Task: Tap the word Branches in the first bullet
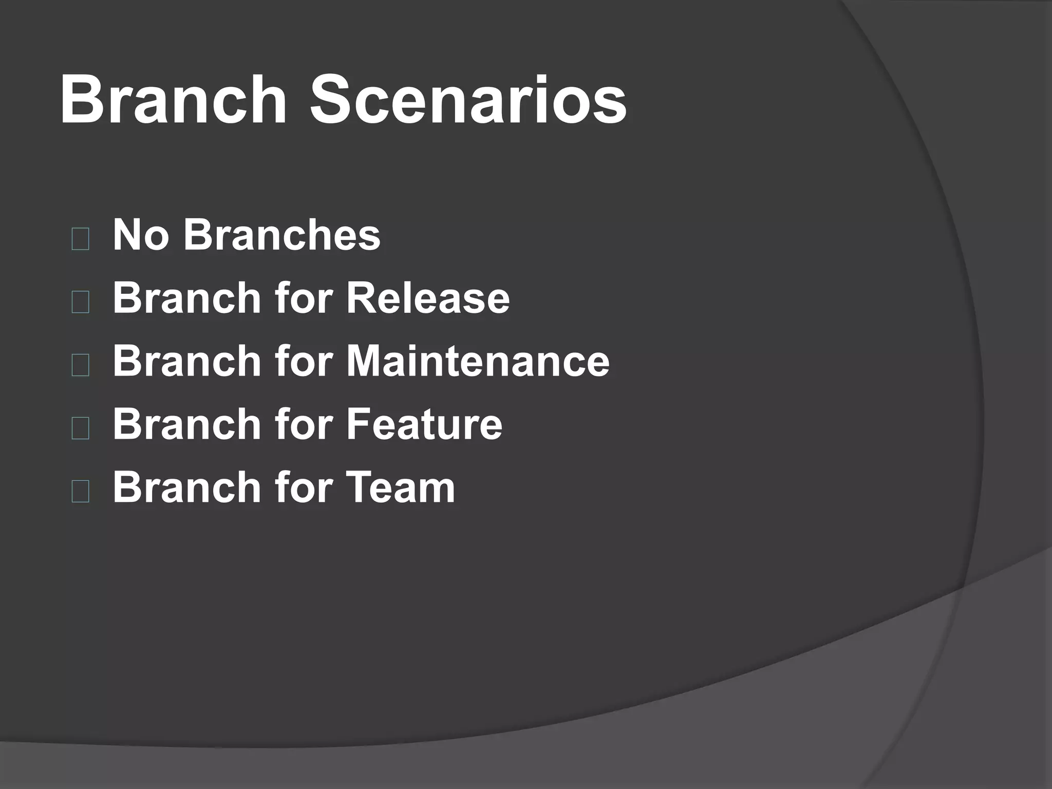point(282,235)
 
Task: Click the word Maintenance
point(478,361)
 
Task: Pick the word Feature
point(424,424)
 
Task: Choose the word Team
point(401,487)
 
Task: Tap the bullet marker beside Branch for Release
point(81,303)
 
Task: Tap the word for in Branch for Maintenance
point(304,361)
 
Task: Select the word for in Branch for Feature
point(304,424)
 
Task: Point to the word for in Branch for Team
point(304,487)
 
